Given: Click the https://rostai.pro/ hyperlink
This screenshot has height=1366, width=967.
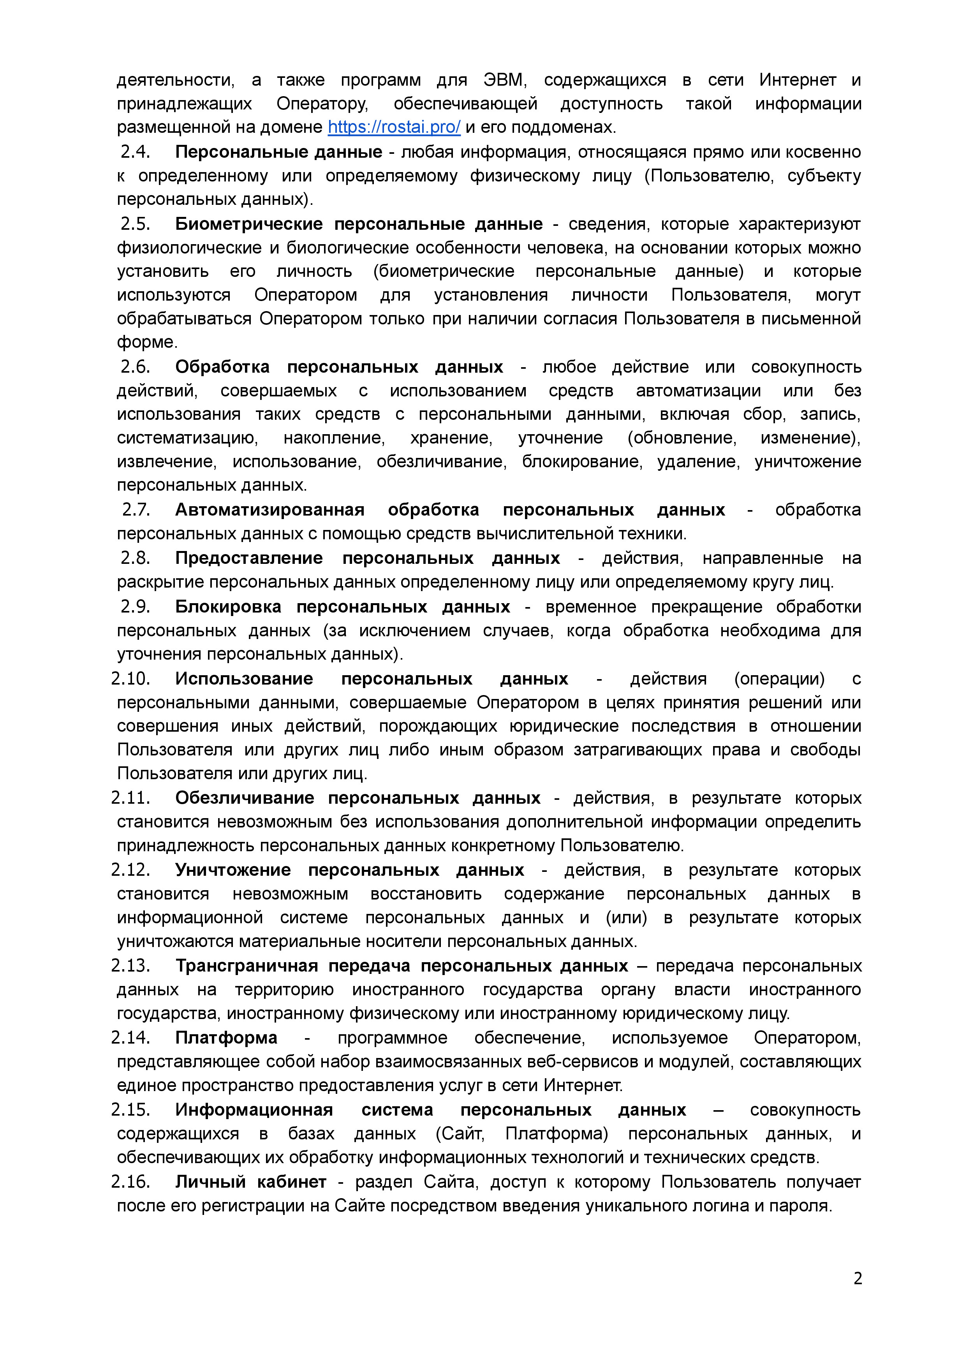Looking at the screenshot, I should tap(394, 127).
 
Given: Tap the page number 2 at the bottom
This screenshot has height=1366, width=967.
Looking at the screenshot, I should tap(858, 1278).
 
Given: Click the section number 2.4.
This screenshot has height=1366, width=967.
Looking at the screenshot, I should tap(135, 152).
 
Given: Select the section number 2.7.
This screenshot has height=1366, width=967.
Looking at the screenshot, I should tap(136, 510).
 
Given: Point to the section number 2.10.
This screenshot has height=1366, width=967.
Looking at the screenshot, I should tap(130, 679).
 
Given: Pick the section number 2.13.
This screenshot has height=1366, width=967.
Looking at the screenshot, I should tap(130, 965).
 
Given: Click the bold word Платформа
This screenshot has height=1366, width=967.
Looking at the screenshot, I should tap(226, 1037).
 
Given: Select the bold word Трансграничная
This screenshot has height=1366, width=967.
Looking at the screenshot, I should tap(247, 965).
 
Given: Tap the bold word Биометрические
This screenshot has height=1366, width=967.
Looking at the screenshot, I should tap(249, 224).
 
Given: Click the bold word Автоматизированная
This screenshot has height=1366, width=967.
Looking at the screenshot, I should tap(270, 510).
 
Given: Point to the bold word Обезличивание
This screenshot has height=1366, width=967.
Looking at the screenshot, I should tap(245, 798).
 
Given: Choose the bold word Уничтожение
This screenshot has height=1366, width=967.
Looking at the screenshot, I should tap(233, 870).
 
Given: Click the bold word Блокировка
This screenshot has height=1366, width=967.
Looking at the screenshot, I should tap(228, 607).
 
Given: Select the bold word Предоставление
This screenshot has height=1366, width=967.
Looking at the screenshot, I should tap(249, 558).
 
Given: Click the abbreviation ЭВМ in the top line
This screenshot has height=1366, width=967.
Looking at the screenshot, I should tap(504, 80).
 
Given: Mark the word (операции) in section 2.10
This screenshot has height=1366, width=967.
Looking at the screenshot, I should tap(779, 679).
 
